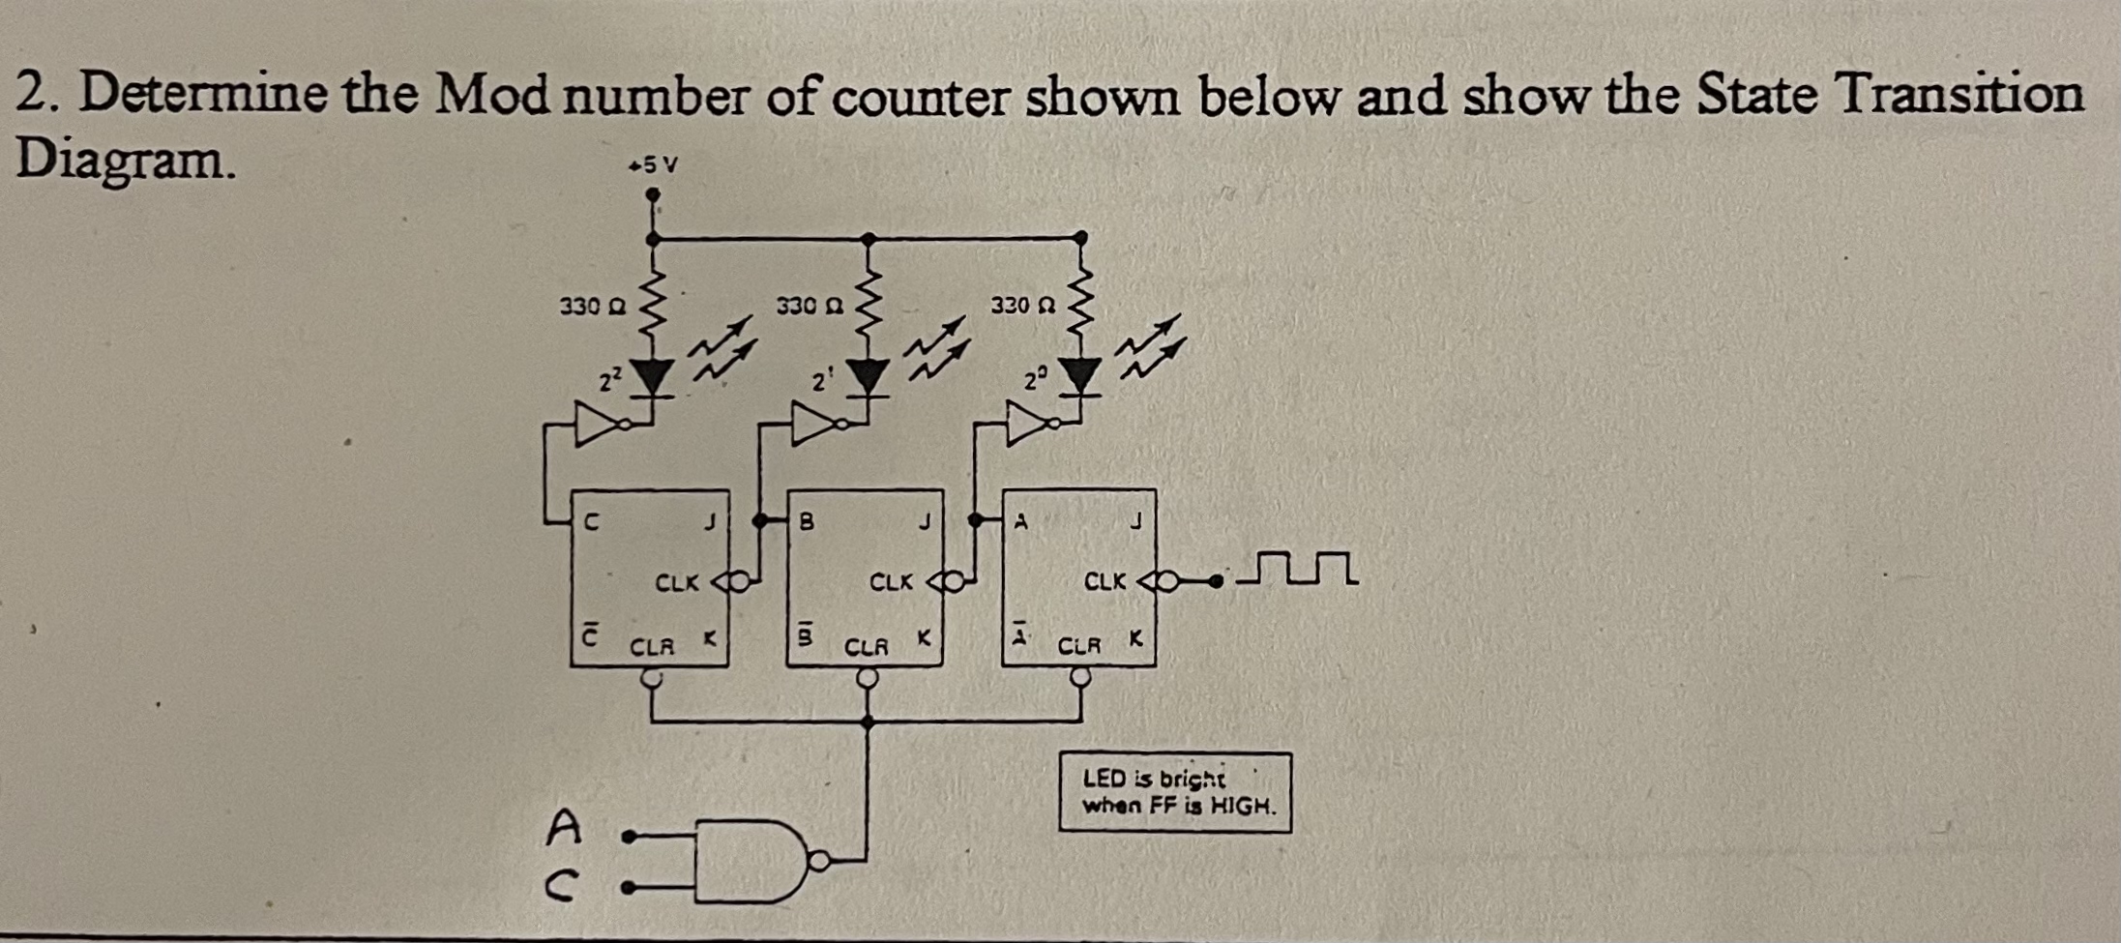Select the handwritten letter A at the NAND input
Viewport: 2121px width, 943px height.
coord(564,828)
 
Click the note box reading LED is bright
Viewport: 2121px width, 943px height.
coord(1174,792)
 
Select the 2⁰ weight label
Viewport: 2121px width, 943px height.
coord(1036,379)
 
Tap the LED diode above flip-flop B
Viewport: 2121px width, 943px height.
coord(869,375)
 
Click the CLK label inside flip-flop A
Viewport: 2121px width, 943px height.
coord(1105,582)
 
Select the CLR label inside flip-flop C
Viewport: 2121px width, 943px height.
coord(652,646)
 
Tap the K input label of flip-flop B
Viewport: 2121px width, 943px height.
coord(925,638)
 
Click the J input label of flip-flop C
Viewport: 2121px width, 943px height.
coord(709,523)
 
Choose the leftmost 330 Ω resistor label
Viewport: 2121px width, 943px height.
coord(593,307)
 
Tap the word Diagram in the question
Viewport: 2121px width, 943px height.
coord(125,160)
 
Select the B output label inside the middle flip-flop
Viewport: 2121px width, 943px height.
coord(806,522)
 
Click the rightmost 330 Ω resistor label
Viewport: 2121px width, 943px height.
coord(1022,306)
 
